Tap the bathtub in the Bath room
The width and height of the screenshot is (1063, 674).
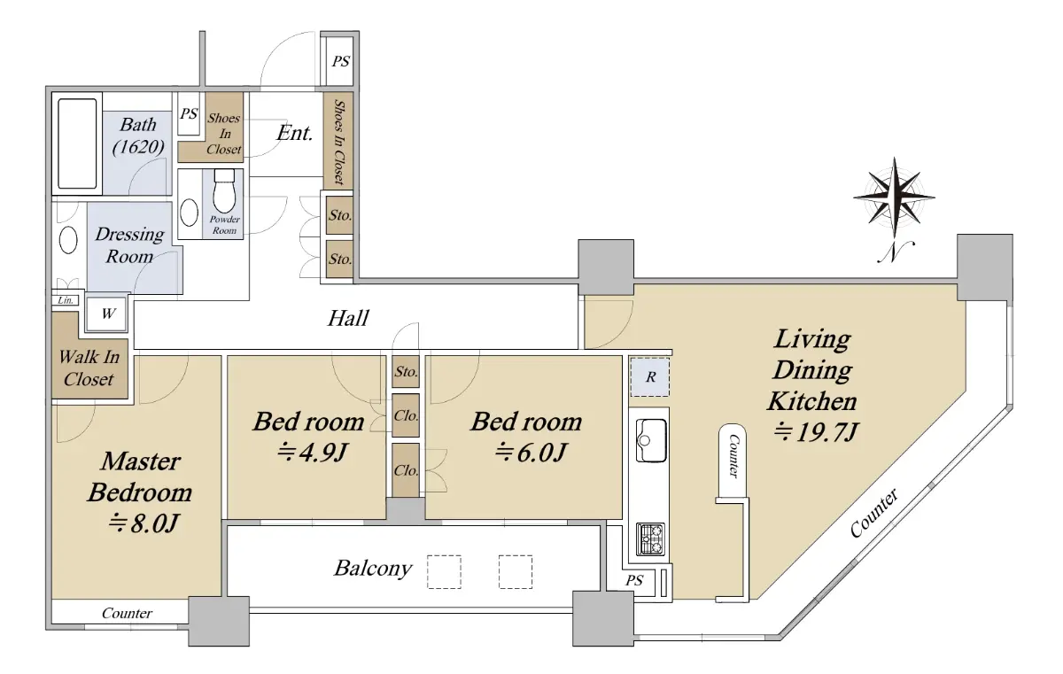pos(77,143)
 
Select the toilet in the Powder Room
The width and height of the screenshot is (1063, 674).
pos(224,191)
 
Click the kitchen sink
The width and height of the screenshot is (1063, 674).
pos(650,440)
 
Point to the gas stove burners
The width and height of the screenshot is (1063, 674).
pos(650,538)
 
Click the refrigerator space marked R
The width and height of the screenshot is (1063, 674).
pos(650,377)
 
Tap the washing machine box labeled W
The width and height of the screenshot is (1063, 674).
pos(108,314)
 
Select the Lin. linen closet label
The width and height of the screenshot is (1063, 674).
pos(65,300)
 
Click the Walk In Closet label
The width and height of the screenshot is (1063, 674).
pos(89,368)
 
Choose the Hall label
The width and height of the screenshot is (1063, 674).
pos(348,318)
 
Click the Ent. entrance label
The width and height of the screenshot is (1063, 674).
pos(295,133)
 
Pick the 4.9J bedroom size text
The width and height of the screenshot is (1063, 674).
pos(311,452)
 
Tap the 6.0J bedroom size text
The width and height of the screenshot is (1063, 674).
pos(530,452)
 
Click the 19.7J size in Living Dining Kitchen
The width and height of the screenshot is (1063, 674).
pos(816,432)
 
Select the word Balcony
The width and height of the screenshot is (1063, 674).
pos(373,569)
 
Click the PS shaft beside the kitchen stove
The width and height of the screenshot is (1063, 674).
pos(634,580)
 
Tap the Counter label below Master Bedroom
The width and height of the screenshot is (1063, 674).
pos(127,613)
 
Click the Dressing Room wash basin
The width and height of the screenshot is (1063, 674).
pos(68,241)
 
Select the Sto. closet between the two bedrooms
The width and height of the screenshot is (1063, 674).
pos(406,371)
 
